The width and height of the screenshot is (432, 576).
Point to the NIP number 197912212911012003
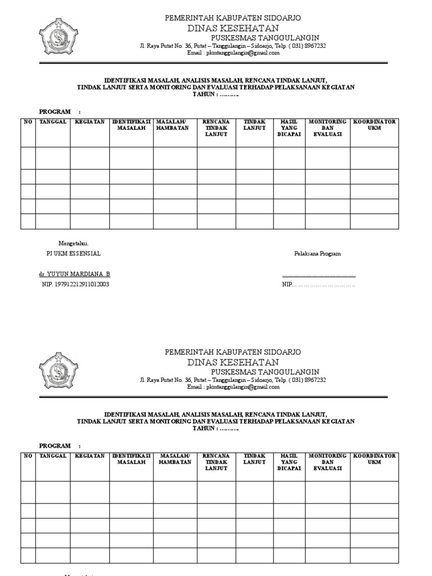(x=75, y=285)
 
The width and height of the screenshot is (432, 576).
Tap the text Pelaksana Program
(x=317, y=254)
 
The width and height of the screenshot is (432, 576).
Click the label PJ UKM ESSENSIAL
(x=73, y=254)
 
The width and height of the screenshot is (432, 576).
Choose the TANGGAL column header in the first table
(x=53, y=122)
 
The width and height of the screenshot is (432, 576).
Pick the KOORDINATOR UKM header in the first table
(x=374, y=125)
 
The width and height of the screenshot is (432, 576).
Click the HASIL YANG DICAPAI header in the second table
(x=289, y=462)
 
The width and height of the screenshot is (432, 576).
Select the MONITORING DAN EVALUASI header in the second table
(x=327, y=462)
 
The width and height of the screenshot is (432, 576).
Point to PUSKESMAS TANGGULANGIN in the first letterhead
(x=265, y=38)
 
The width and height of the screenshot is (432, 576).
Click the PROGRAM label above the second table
(x=55, y=445)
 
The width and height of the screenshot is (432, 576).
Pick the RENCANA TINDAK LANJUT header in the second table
(x=216, y=462)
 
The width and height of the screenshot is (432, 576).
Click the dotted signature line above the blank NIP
(x=318, y=274)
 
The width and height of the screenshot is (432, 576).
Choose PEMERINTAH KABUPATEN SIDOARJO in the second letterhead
(x=232, y=352)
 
